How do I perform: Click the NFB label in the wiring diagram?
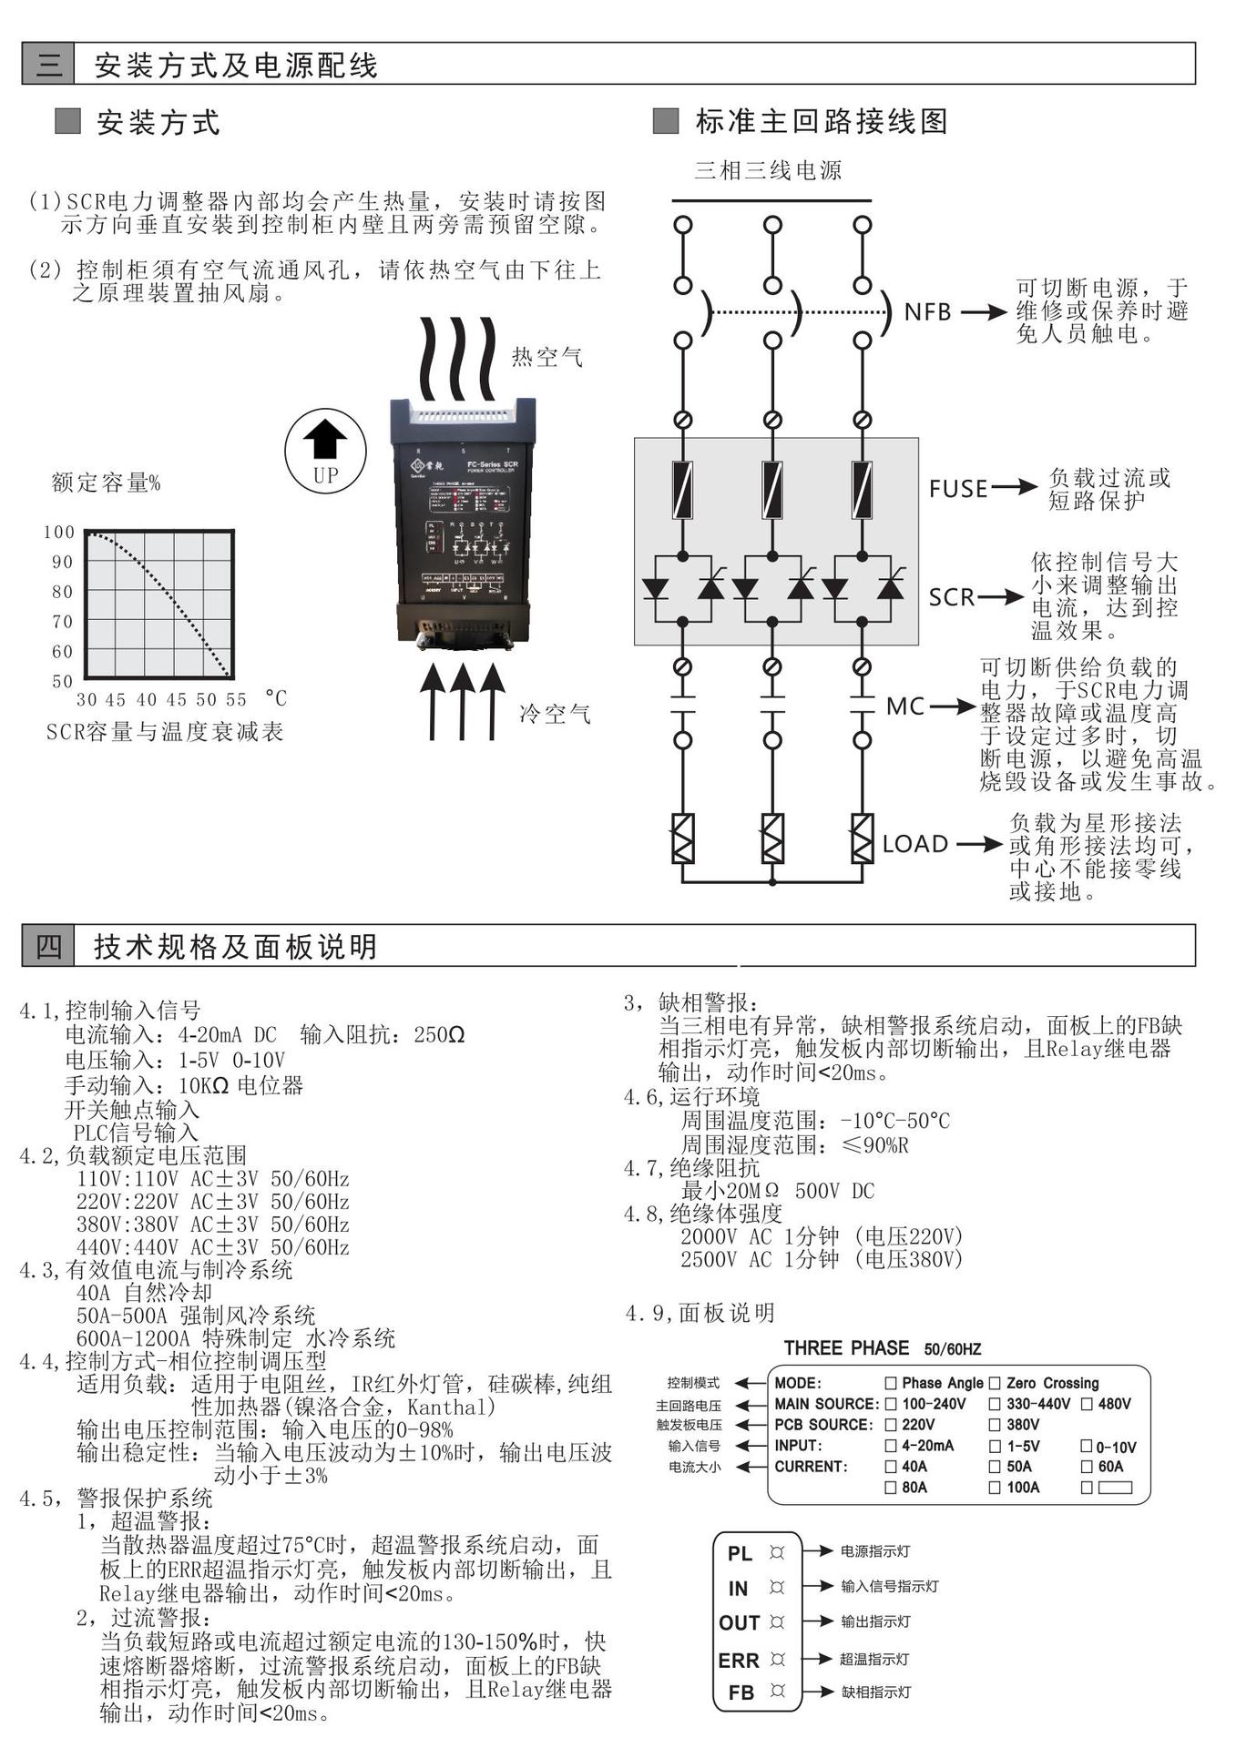pyautogui.click(x=927, y=312)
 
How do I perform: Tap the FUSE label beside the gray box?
pyautogui.click(x=958, y=489)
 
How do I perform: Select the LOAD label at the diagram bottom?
pyautogui.click(x=915, y=844)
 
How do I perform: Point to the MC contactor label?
pyautogui.click(x=905, y=706)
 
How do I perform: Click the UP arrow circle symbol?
pyautogui.click(x=325, y=450)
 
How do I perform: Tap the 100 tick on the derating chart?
pyautogui.click(x=59, y=533)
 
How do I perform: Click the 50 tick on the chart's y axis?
pyautogui.click(x=62, y=681)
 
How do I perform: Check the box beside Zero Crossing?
pyautogui.click(x=995, y=1383)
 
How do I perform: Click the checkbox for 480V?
pyautogui.click(x=1087, y=1404)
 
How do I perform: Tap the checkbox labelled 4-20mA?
pyautogui.click(x=891, y=1446)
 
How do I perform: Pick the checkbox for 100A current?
pyautogui.click(x=995, y=1488)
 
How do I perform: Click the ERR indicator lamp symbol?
pyautogui.click(x=777, y=1660)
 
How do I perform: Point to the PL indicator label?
pyautogui.click(x=740, y=1553)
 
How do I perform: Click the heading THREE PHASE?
pyautogui.click(x=846, y=1348)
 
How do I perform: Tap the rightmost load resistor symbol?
pyautogui.click(x=862, y=838)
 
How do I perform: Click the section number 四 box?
pyautogui.click(x=48, y=947)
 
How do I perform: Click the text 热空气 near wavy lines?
pyautogui.click(x=547, y=357)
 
